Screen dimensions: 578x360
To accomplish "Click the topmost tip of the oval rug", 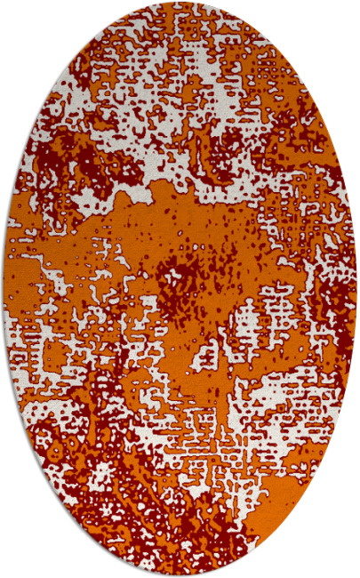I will (180, 3).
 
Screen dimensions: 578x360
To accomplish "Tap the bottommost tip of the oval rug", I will (180, 575).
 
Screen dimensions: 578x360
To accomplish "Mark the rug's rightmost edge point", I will (356, 289).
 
